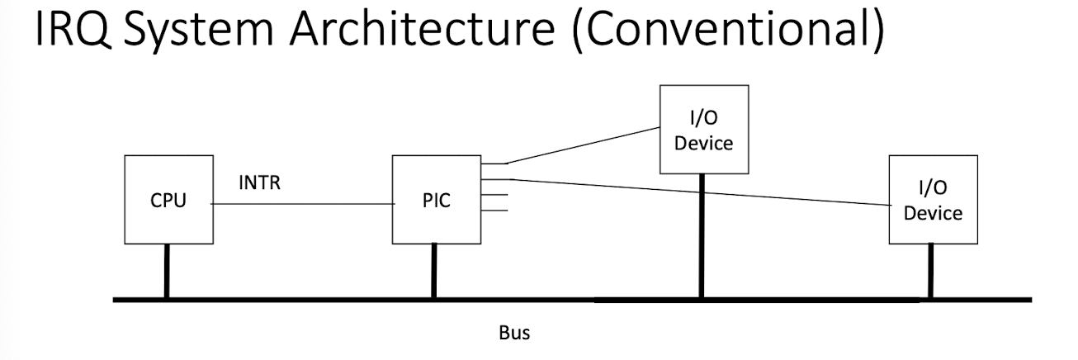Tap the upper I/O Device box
[703, 129]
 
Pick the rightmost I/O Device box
[933, 199]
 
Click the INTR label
[259, 183]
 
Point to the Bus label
[514, 334]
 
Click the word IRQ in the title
[73, 33]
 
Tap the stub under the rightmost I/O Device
[931, 271]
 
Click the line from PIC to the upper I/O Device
[582, 145]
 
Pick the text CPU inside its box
[168, 201]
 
